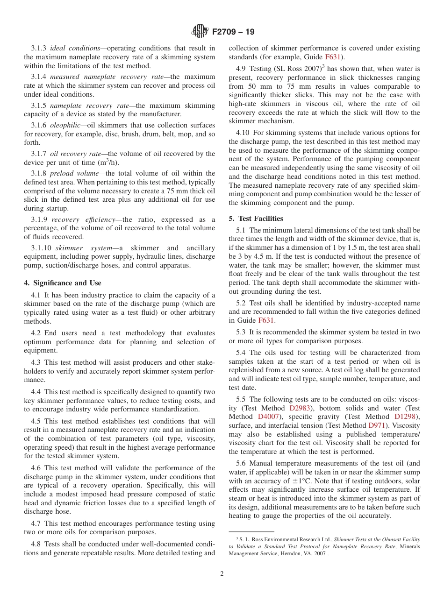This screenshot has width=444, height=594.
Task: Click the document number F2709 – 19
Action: [x=233, y=32]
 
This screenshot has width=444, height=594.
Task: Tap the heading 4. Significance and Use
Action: [x=63, y=283]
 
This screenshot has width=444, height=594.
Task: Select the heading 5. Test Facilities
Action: [x=256, y=219]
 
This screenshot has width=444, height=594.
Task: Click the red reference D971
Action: [x=377, y=425]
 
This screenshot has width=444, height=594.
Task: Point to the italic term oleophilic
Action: [x=66, y=125]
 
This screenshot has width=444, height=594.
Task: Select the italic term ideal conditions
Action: [x=75, y=48]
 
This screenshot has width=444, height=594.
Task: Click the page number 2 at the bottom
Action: [x=222, y=574]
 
